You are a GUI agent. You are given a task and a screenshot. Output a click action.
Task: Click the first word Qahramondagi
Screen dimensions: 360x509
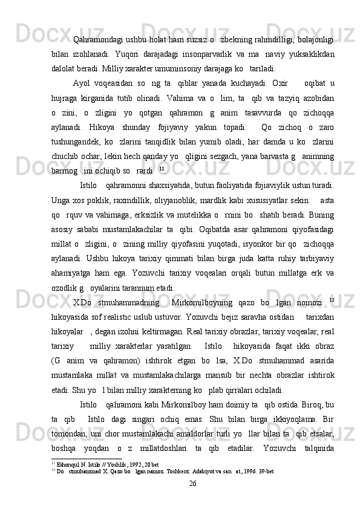97,41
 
